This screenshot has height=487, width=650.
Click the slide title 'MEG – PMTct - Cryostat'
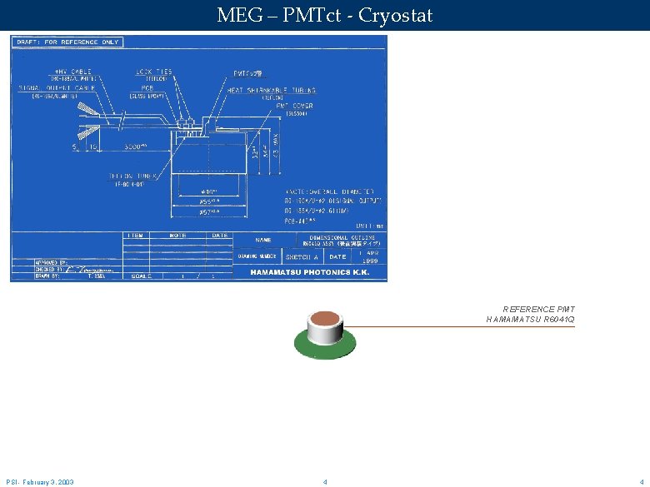tap(324, 15)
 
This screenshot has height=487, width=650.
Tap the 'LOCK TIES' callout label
tap(154, 72)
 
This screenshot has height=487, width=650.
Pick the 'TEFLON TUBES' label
tap(126, 176)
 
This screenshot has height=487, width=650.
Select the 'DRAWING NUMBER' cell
tap(257, 257)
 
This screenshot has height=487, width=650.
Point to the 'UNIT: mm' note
tap(367, 226)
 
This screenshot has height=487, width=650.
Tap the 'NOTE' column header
tap(178, 236)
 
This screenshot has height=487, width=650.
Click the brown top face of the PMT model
tap(325, 319)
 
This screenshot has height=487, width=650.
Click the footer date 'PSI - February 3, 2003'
tap(40, 482)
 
